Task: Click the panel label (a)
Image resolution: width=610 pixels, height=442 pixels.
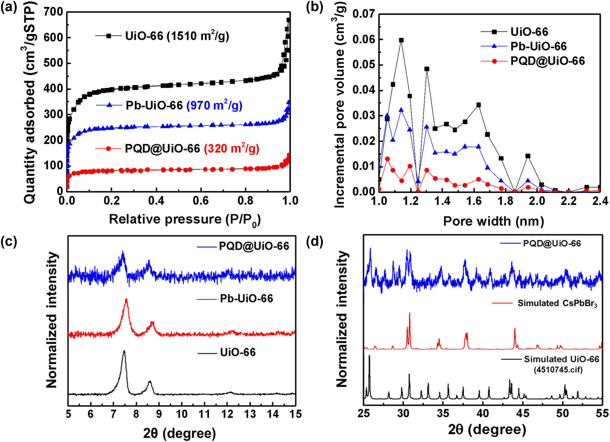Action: coord(9,7)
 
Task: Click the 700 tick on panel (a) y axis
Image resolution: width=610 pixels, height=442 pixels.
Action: coord(54,12)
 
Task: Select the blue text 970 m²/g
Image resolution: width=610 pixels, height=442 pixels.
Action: coord(214,106)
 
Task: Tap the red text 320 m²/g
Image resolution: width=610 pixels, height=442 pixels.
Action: coord(232,148)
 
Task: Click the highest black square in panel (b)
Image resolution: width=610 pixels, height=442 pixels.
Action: coord(401,40)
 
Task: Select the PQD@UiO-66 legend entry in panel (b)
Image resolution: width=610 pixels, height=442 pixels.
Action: coord(547,61)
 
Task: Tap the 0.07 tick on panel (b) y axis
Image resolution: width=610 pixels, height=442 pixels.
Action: coord(363,14)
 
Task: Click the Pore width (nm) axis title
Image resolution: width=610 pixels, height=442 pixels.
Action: coord(493,221)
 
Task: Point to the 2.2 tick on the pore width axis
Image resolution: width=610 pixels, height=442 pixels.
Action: coord(568,201)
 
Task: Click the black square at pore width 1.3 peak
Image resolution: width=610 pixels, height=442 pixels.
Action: coord(427,69)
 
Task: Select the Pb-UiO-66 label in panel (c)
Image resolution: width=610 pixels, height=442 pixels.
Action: coord(246,299)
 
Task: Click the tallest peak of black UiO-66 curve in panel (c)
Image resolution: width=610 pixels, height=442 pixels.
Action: coord(124,351)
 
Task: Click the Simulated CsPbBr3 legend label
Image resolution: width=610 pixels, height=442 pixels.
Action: coord(557,303)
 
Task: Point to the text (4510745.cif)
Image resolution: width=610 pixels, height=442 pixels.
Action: coord(558,370)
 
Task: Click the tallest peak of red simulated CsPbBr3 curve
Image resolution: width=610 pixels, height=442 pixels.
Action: coord(410,313)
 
